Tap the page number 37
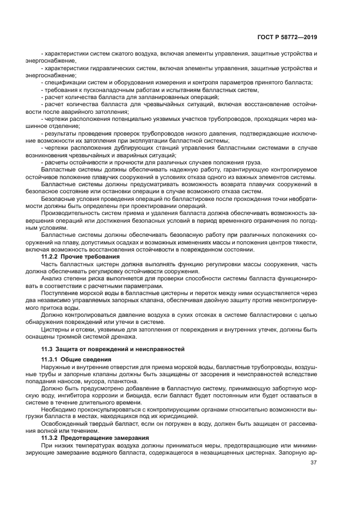[x=314, y=463]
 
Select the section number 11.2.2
[x=50, y=255]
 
